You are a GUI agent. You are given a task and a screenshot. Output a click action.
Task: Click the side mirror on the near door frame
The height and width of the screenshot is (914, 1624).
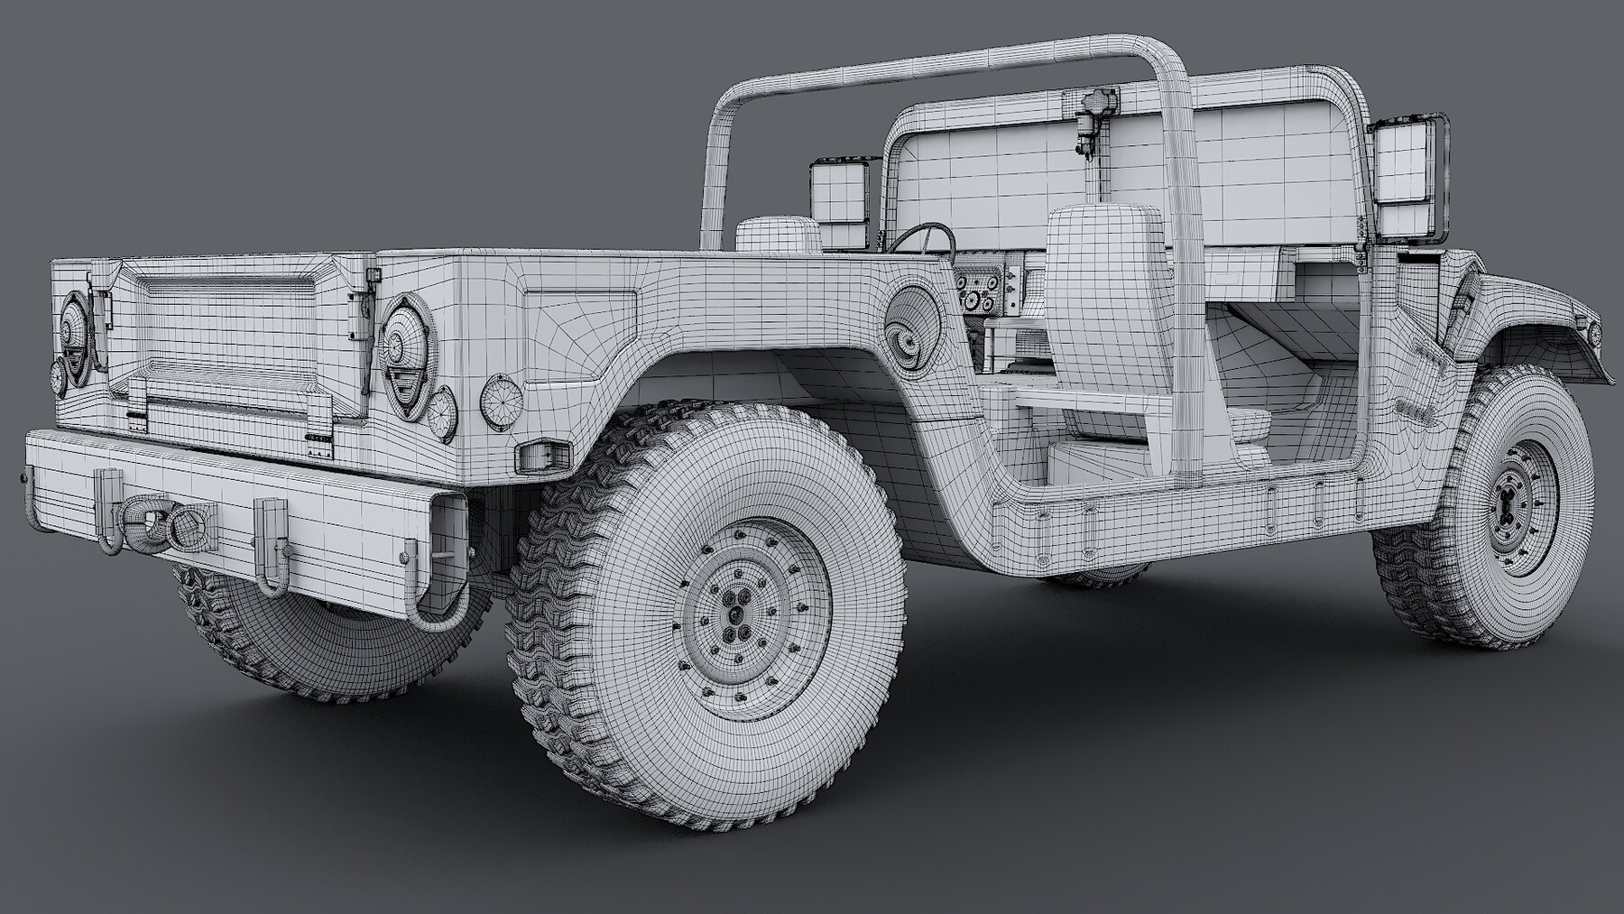1407,179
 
